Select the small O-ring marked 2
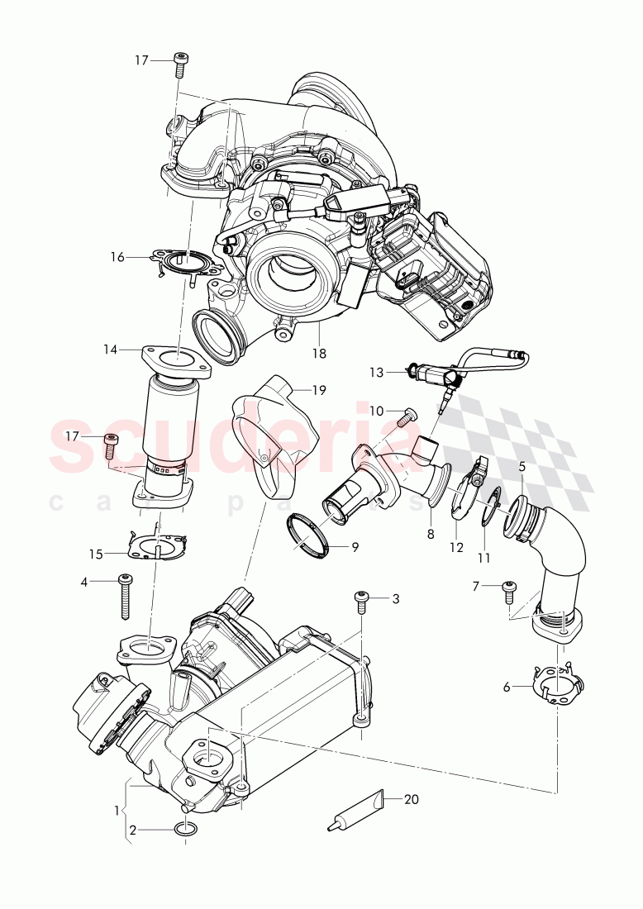pyautogui.click(x=187, y=830)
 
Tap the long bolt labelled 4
pyautogui.click(x=126, y=596)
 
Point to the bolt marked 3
pyautogui.click(x=361, y=602)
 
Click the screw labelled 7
pyautogui.click(x=510, y=593)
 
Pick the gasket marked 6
pyautogui.click(x=560, y=686)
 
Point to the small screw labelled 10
pyautogui.click(x=406, y=418)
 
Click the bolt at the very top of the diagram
pyautogui.click(x=181, y=62)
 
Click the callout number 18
pyautogui.click(x=319, y=353)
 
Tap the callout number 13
pyautogui.click(x=377, y=372)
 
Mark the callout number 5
pyautogui.click(x=522, y=467)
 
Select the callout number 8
pyautogui.click(x=431, y=534)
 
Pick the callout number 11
pyautogui.click(x=483, y=558)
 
